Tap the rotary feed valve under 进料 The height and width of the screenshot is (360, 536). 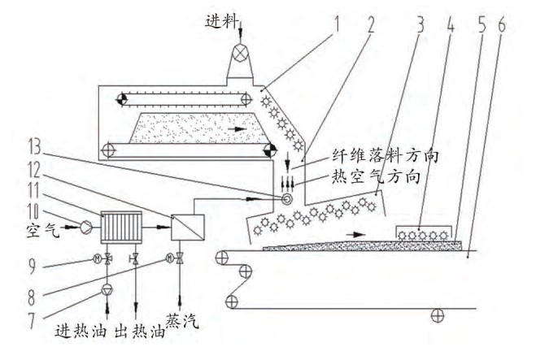[242, 51]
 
